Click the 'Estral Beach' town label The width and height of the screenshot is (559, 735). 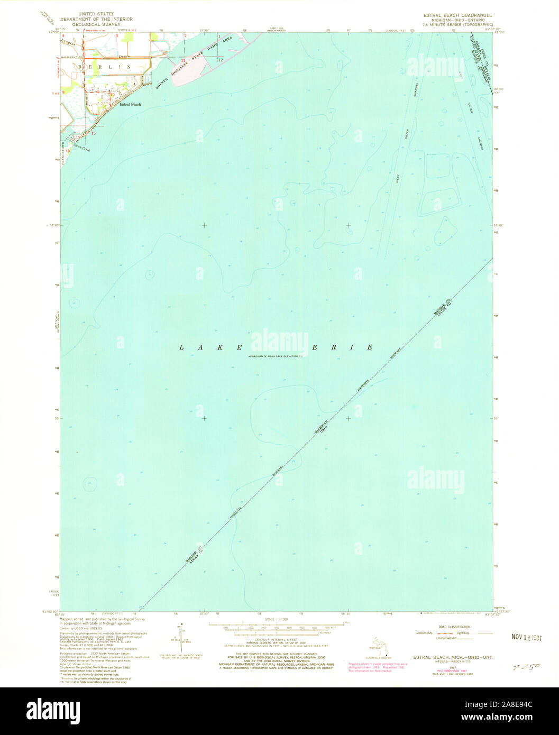(130, 105)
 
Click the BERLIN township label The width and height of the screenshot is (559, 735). (104, 67)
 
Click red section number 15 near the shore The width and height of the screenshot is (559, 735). (93, 134)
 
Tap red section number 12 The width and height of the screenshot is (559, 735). (220, 60)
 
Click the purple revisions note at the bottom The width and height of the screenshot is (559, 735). (378, 666)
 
